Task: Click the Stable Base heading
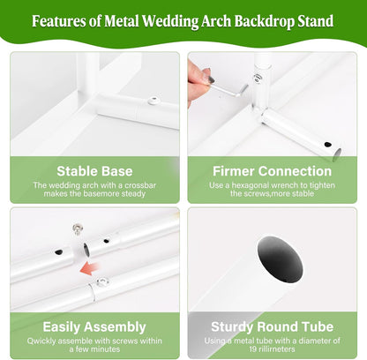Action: (x=94, y=171)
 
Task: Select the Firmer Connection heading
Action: (x=272, y=171)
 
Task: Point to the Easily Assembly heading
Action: (x=94, y=327)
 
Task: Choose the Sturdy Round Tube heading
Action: (x=272, y=326)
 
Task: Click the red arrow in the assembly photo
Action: (x=89, y=269)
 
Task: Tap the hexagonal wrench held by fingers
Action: (x=229, y=89)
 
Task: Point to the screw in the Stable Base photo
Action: (x=154, y=101)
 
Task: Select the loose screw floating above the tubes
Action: (x=78, y=229)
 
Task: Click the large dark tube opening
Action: (x=280, y=259)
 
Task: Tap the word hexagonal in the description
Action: (x=251, y=185)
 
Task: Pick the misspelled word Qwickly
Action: (x=41, y=341)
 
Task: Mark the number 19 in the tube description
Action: (x=253, y=349)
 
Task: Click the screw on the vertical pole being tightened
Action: (x=258, y=79)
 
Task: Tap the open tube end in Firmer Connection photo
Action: (x=337, y=154)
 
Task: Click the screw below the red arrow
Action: (x=102, y=282)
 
